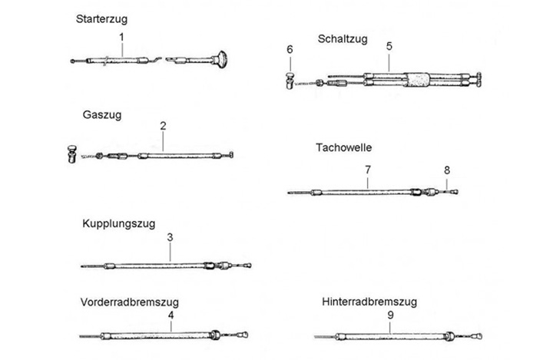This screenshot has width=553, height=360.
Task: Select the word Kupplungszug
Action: point(118,224)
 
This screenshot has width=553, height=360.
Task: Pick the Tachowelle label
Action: point(342,147)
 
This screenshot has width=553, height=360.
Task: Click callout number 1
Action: point(121,36)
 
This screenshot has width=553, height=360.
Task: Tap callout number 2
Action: point(163,124)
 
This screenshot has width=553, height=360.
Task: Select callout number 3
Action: point(170,238)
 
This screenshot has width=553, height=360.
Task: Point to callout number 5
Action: point(389,47)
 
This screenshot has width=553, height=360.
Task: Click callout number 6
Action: point(290,50)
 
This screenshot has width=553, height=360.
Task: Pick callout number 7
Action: point(368,168)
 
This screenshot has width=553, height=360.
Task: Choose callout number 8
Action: point(447,169)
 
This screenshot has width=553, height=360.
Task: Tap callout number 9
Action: point(390,314)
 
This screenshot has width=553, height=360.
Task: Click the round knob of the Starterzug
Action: point(224,55)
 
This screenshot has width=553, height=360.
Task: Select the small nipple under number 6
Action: point(291,78)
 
